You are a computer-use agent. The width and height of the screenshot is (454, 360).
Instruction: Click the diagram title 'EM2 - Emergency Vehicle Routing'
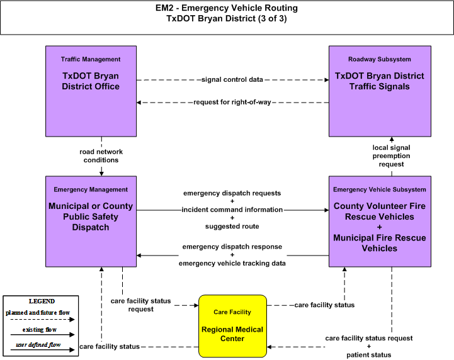click(227, 8)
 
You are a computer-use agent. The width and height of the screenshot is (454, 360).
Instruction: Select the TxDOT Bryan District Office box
click(91, 91)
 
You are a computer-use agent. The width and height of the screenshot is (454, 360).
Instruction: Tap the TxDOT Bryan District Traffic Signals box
click(380, 91)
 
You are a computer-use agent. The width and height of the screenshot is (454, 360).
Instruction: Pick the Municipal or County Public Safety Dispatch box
click(91, 222)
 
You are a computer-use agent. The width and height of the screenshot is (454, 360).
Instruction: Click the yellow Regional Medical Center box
click(232, 326)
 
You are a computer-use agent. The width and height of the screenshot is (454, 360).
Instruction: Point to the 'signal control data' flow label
click(232, 79)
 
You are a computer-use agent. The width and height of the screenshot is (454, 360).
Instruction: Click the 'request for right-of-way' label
click(232, 102)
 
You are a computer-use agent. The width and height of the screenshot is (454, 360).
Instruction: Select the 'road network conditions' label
click(101, 156)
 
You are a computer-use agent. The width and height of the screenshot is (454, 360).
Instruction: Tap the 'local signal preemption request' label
click(391, 156)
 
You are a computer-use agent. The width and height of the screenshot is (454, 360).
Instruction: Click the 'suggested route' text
click(232, 227)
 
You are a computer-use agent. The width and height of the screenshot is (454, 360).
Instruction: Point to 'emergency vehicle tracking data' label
click(232, 263)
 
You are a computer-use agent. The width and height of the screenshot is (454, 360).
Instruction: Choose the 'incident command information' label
click(232, 210)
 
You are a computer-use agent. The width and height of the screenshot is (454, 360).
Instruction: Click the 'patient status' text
click(369, 355)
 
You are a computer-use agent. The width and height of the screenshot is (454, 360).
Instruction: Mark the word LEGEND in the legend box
click(42, 301)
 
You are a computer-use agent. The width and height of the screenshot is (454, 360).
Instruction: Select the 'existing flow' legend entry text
click(40, 330)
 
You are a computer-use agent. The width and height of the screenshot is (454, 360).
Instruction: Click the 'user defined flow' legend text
click(38, 345)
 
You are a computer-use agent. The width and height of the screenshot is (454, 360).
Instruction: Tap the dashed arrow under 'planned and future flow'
click(43, 320)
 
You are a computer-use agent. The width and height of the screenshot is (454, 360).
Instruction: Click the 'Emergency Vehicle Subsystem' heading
click(380, 189)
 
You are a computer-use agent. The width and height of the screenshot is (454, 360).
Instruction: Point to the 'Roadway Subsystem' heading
click(380, 59)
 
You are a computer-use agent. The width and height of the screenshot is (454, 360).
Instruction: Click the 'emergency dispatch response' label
click(232, 247)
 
